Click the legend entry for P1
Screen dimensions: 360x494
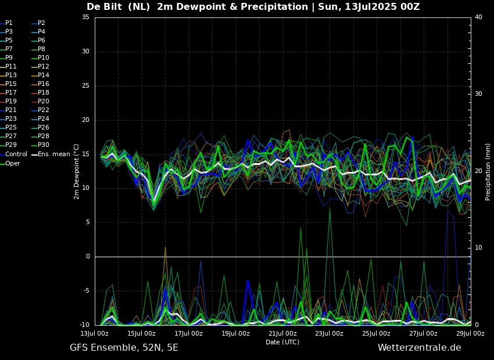[x=9, y=23]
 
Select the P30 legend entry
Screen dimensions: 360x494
[x=44, y=145]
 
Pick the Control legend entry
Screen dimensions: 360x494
[x=16, y=154]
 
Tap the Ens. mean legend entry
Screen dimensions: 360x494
[x=54, y=154]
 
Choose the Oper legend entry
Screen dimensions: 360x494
[x=13, y=164]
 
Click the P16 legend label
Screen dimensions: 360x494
[x=44, y=84]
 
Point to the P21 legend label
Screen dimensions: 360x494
[x=11, y=110]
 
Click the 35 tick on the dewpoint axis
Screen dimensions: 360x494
[x=85, y=17]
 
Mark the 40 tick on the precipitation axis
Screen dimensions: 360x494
[x=478, y=17]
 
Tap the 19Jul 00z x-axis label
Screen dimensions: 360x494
[x=235, y=334]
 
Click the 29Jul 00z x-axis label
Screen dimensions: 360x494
[x=470, y=334]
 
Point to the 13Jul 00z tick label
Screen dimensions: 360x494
[x=94, y=334]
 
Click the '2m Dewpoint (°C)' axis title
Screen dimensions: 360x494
[x=77, y=171]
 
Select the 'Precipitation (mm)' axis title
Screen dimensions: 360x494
[x=488, y=172]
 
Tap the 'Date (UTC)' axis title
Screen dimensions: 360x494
[x=282, y=342]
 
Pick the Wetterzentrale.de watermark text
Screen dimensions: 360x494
[x=419, y=348]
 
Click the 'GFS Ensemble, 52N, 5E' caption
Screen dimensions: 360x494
[x=124, y=348]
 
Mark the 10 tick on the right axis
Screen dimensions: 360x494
[x=478, y=248]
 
